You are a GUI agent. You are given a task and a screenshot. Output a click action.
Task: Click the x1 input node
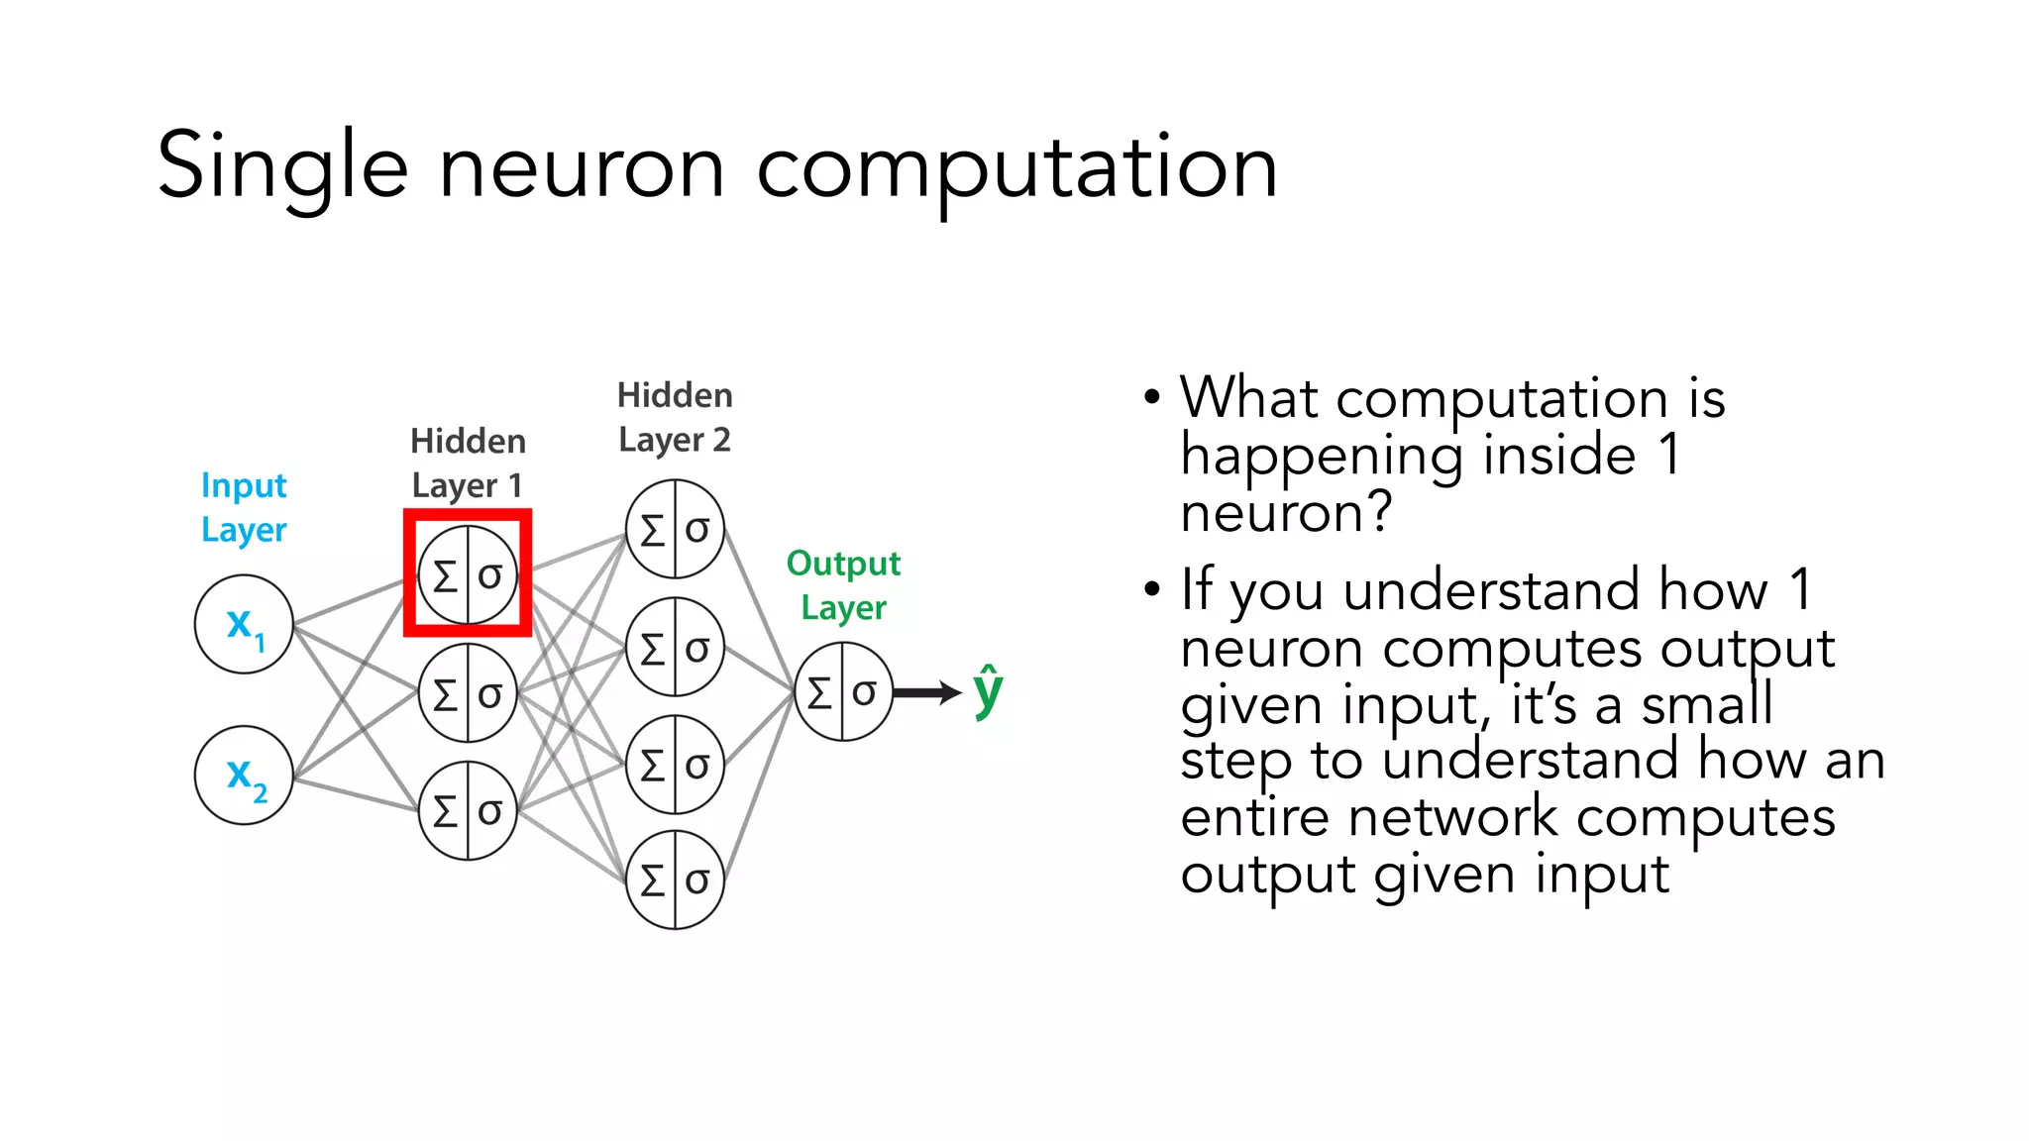pyautogui.click(x=244, y=624)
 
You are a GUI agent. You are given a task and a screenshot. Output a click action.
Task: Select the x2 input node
pyautogui.click(x=244, y=775)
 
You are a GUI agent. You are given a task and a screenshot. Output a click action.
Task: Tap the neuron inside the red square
pyautogui.click(x=468, y=574)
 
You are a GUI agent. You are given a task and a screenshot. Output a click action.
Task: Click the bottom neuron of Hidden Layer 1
pyautogui.click(x=468, y=810)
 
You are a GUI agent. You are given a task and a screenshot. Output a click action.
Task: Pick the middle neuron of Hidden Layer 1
pyautogui.click(x=468, y=693)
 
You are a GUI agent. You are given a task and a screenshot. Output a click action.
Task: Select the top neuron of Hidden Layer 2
pyautogui.click(x=675, y=529)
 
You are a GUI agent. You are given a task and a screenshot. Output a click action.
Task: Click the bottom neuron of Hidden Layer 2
pyautogui.click(x=675, y=880)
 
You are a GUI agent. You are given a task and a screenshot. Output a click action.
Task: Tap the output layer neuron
pyautogui.click(x=843, y=691)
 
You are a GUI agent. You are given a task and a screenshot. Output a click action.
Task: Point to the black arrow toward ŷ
pyautogui.click(x=927, y=692)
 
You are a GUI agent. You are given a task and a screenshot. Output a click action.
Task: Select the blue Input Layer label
pyautogui.click(x=244, y=507)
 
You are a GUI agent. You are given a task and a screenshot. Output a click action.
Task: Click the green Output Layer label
pyautogui.click(x=843, y=584)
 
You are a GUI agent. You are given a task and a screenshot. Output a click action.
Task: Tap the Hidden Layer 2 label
pyautogui.click(x=675, y=417)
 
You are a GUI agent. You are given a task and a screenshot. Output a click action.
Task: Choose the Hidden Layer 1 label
pyautogui.click(x=468, y=463)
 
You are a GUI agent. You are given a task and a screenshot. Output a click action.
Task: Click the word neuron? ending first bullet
pyautogui.click(x=1286, y=513)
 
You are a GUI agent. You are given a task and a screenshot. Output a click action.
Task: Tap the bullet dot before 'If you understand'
pyautogui.click(x=1151, y=589)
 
